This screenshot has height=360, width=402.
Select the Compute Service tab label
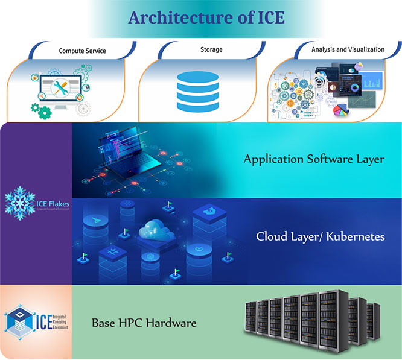[82, 51]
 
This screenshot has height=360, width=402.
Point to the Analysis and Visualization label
[344, 50]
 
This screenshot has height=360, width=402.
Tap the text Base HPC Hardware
[144, 323]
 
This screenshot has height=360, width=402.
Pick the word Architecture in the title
[164, 18]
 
